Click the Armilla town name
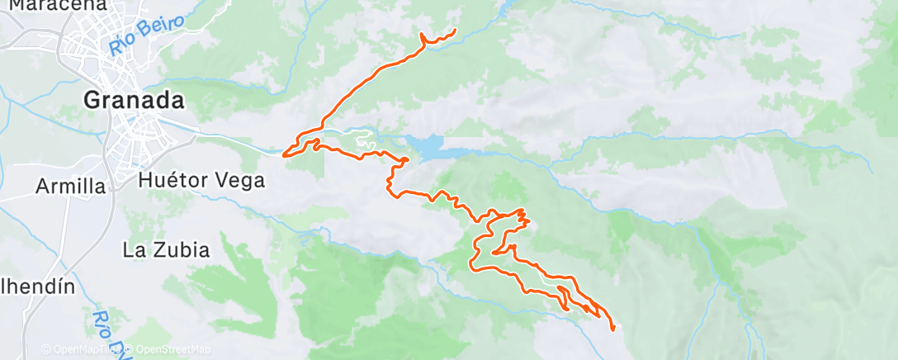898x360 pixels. click(x=71, y=187)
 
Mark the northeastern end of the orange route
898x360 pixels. click(x=456, y=31)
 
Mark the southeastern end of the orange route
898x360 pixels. click(x=613, y=329)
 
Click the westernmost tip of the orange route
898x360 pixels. click(x=284, y=154)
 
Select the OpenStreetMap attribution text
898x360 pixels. click(x=168, y=349)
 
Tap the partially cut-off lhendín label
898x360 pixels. click(x=36, y=287)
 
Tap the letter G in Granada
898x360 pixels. click(x=92, y=100)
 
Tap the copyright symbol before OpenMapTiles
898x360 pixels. click(x=45, y=349)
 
